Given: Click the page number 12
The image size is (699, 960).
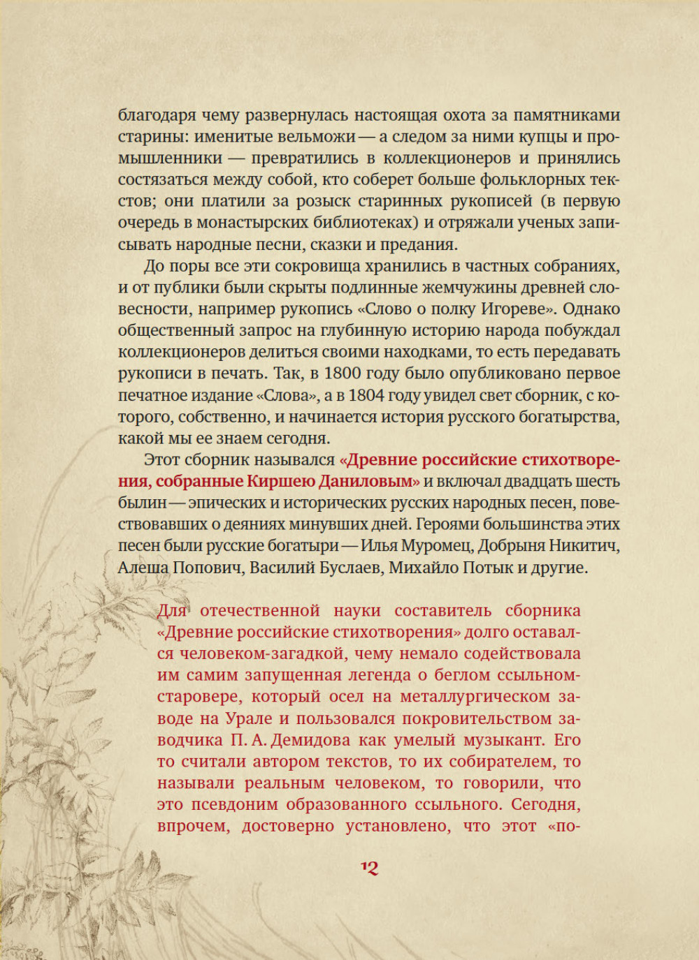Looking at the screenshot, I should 369,868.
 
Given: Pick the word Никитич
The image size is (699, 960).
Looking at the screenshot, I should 586,546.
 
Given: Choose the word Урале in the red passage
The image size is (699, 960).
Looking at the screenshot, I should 249,718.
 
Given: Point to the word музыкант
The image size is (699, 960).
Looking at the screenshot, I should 505,740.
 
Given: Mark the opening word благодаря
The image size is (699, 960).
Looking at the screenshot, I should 157,115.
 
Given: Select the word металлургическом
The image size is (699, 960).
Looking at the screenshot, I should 475,697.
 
